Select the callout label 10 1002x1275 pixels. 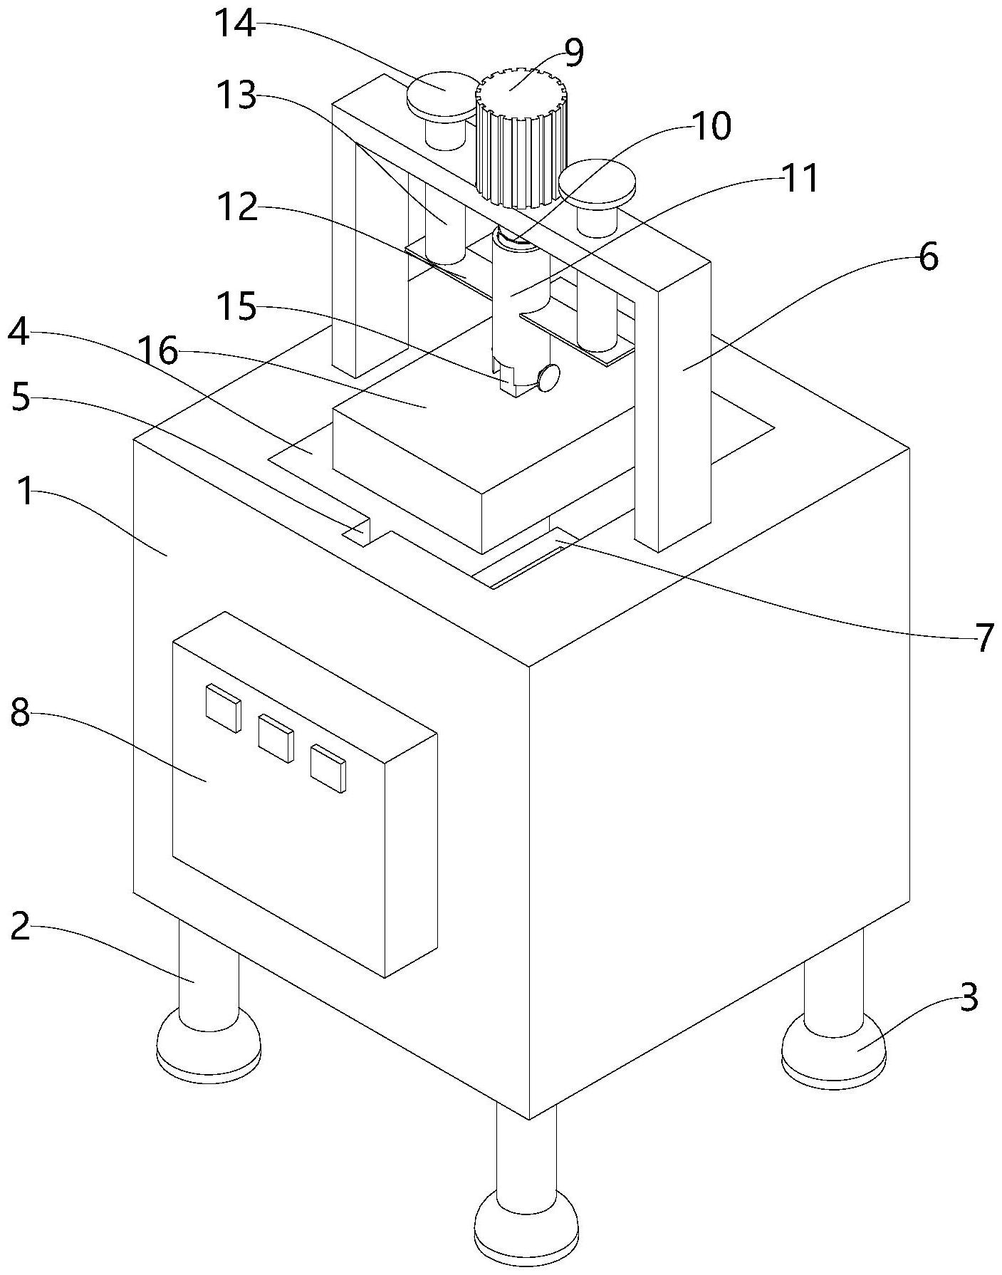(711, 127)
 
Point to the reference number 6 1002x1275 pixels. (928, 257)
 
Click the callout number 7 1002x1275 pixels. (983, 637)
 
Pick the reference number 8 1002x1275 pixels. (21, 713)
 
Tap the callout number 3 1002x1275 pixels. (969, 999)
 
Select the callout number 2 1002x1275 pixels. (21, 927)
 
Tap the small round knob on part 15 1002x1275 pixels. (549, 377)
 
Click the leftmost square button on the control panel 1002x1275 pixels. (223, 707)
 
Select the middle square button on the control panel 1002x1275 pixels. (276, 739)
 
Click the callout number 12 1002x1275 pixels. (239, 207)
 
